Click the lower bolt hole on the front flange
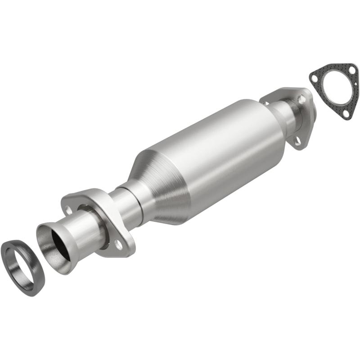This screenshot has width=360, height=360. click(x=118, y=244)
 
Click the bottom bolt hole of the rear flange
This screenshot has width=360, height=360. click(x=297, y=141)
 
